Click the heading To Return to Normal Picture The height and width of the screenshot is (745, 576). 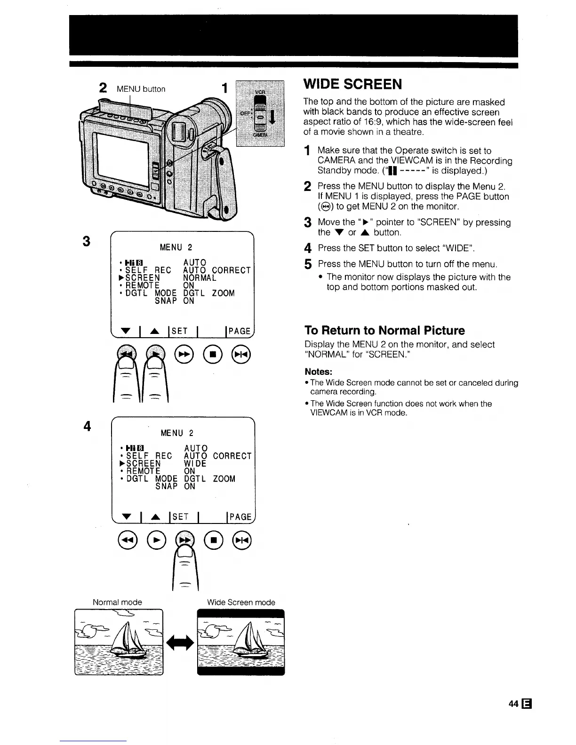(384, 330)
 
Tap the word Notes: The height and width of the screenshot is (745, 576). (319, 372)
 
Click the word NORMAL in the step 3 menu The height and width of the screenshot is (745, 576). (200, 278)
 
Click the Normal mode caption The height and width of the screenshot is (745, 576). (117, 602)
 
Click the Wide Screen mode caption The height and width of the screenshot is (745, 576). (241, 602)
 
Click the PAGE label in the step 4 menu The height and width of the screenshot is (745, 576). (240, 517)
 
